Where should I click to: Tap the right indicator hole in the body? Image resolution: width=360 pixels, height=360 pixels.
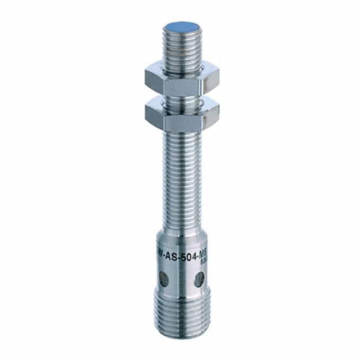(x=199, y=279)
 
